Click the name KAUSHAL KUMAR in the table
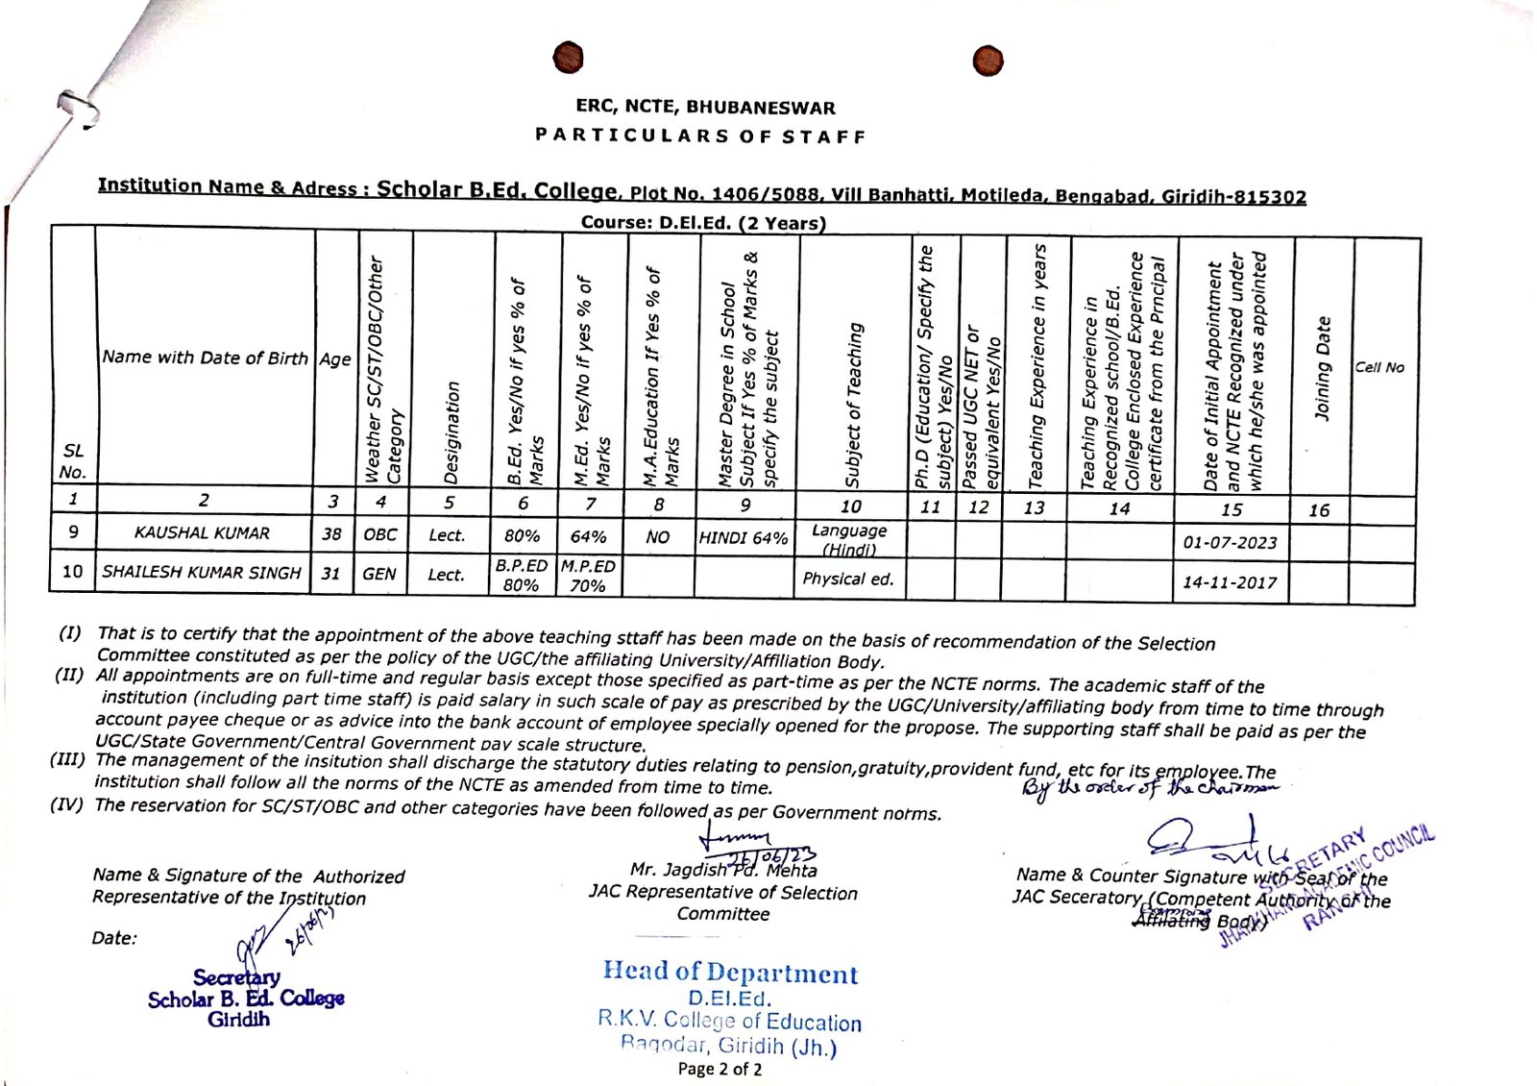point(202,533)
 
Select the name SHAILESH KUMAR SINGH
point(202,573)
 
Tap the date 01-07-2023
point(1230,543)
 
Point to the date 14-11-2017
point(1230,582)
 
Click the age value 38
point(331,534)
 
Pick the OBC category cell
point(380,534)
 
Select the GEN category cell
point(379,574)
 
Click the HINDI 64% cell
point(744,538)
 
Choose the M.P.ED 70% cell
point(588,576)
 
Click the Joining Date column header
point(1323,368)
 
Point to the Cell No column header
point(1379,367)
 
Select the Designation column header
point(451,432)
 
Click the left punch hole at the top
point(569,58)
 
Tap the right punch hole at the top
point(988,61)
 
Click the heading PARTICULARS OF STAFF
point(700,136)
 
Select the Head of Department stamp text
point(730,973)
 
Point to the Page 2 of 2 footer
point(720,1069)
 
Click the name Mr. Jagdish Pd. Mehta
point(723,871)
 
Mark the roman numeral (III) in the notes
point(69,760)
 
